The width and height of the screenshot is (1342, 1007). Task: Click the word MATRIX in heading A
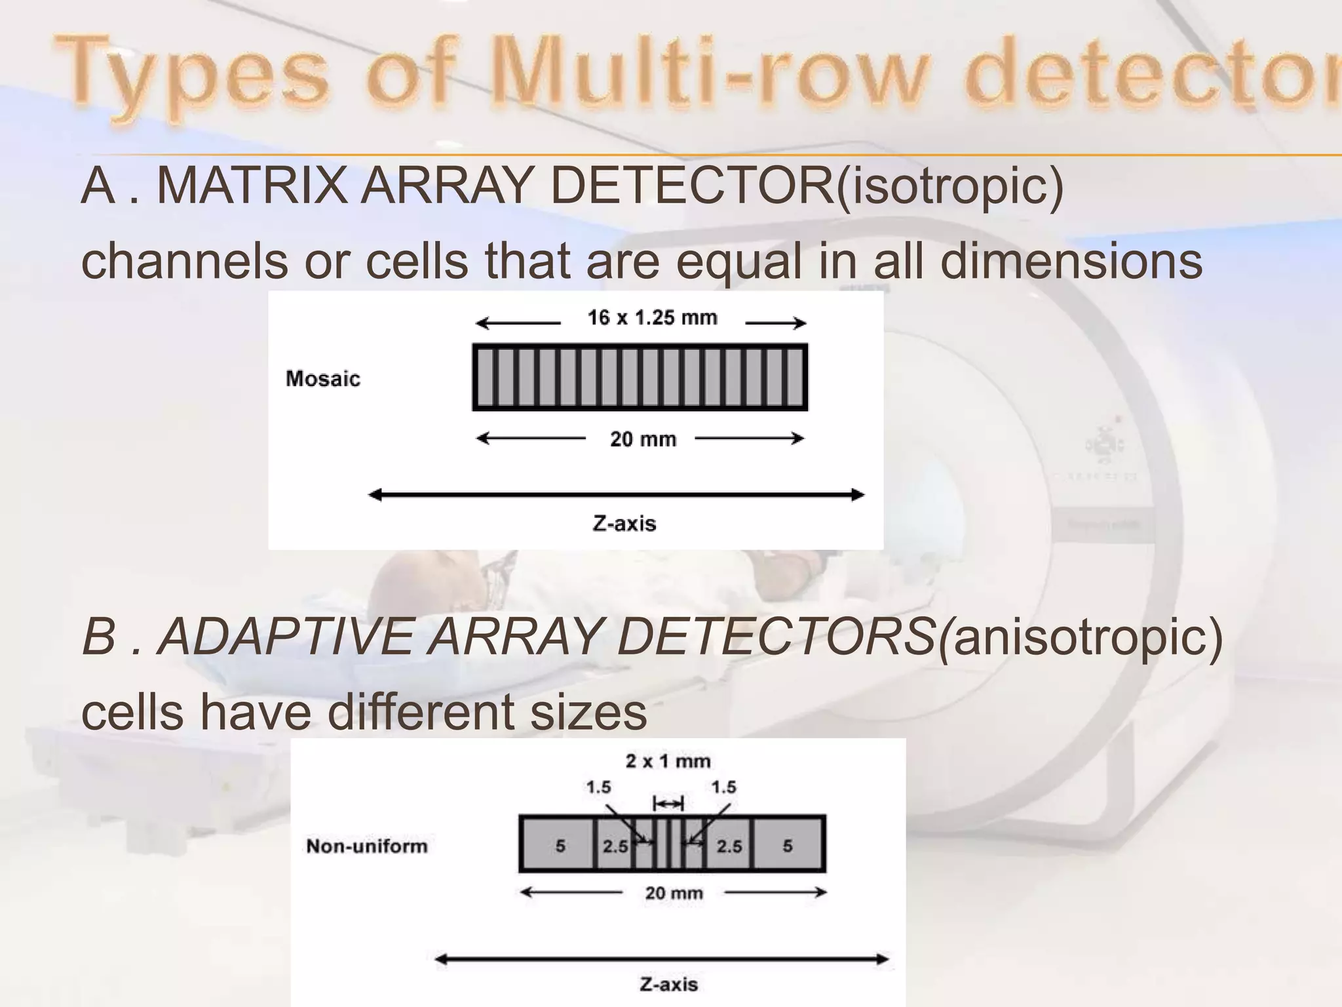click(252, 186)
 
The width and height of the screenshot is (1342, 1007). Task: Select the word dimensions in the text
click(1071, 261)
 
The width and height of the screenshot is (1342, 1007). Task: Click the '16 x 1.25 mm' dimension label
click(652, 318)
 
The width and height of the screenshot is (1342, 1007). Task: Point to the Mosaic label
click(323, 379)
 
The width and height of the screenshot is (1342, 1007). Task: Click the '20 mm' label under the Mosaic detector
click(643, 439)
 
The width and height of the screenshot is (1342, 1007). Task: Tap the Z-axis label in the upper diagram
click(624, 523)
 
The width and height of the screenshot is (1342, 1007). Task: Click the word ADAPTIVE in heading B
click(286, 637)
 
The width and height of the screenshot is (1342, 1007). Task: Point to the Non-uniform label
click(367, 846)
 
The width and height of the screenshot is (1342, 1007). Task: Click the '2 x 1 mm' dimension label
click(668, 761)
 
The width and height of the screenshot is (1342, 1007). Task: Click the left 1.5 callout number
click(598, 787)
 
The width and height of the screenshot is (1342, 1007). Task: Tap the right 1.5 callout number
click(723, 787)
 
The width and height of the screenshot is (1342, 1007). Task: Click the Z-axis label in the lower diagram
click(668, 984)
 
